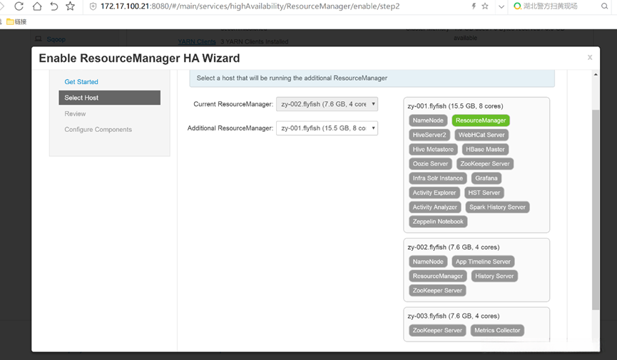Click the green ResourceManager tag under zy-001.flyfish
coord(481,120)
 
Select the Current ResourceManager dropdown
coord(327,104)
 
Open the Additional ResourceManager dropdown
coord(327,128)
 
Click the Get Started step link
coord(81,82)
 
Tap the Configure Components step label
coord(98,130)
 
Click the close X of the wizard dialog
coord(590,58)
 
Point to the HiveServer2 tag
coord(429,135)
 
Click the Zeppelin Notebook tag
coord(438,222)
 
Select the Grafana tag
coord(486,178)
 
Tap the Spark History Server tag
coord(497,207)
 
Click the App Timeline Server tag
coord(483,262)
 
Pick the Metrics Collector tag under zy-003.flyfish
coord(497,330)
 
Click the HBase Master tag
coord(485,150)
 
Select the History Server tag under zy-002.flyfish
coord(494,276)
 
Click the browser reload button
coord(19,6)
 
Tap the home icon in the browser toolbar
coord(36,6)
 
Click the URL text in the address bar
coord(250,6)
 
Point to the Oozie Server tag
coord(430,164)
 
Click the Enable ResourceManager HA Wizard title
coord(139,58)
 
